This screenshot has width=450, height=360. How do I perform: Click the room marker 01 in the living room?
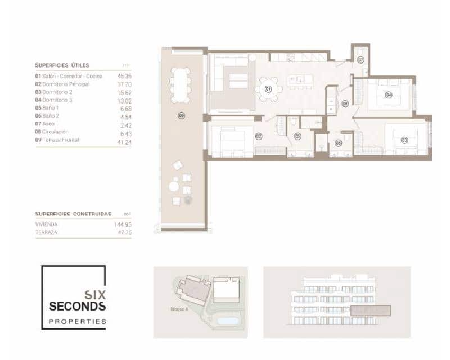point(268,89)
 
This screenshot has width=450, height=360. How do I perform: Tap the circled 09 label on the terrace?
point(181,116)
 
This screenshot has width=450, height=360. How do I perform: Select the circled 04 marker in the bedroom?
point(388,95)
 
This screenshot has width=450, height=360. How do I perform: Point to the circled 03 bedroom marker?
point(404,139)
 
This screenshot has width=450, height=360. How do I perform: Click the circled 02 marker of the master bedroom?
point(259,136)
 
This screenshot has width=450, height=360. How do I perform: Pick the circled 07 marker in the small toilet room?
point(361,59)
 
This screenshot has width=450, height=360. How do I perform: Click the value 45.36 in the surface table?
point(124,75)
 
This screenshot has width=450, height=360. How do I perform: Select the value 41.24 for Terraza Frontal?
point(124,142)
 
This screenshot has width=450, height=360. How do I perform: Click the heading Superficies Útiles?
point(62,65)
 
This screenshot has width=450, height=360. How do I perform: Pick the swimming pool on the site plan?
point(227,321)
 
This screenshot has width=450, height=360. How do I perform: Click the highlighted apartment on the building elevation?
point(370,310)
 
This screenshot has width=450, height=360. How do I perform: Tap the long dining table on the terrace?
point(181,85)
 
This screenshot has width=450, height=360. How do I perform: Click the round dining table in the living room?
point(268,89)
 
